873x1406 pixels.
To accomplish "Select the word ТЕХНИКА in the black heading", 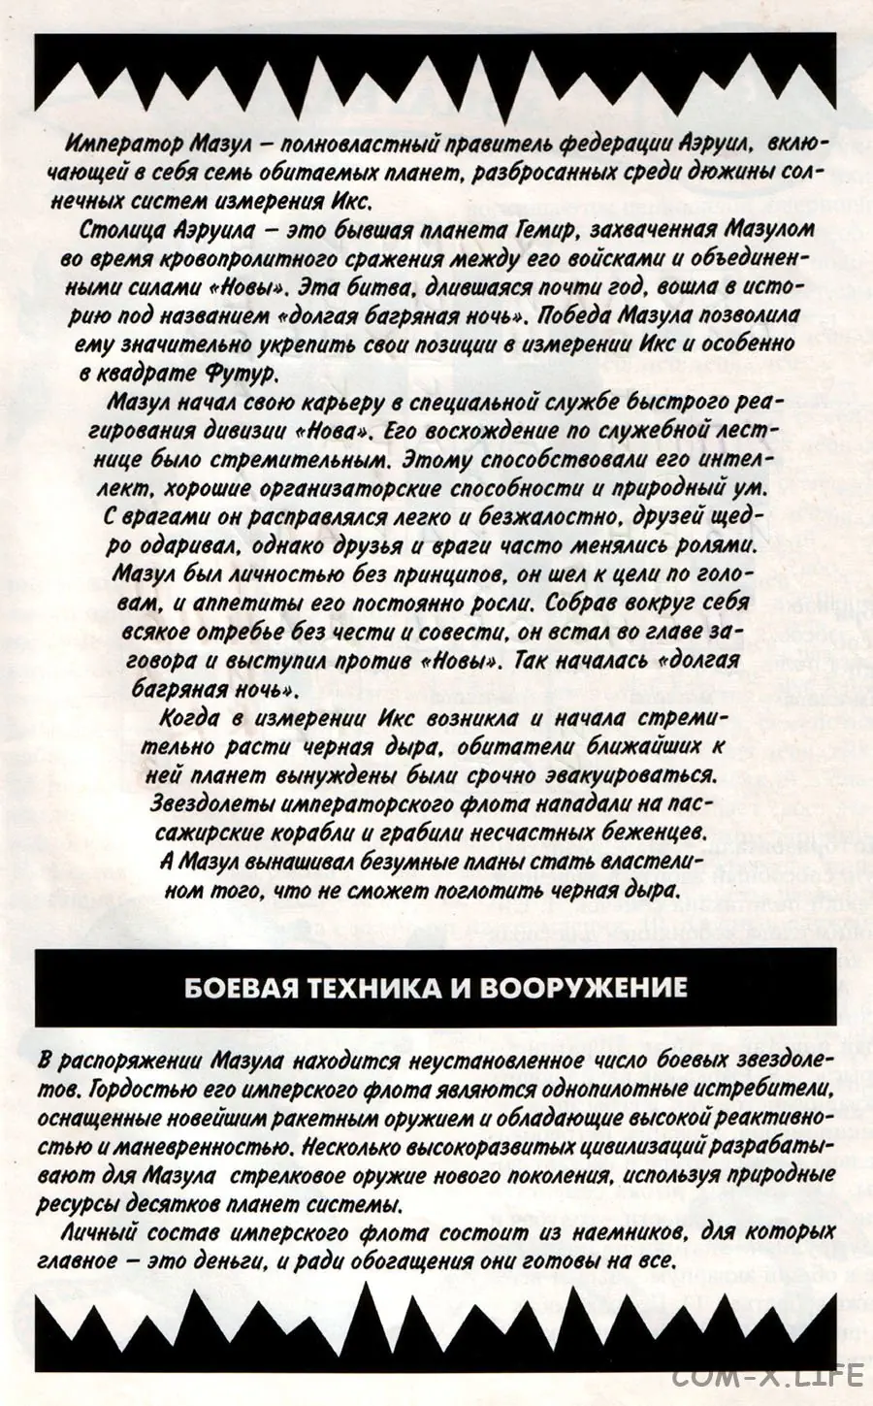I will [354, 988].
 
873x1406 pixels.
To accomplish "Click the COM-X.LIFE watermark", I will [766, 1375].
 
